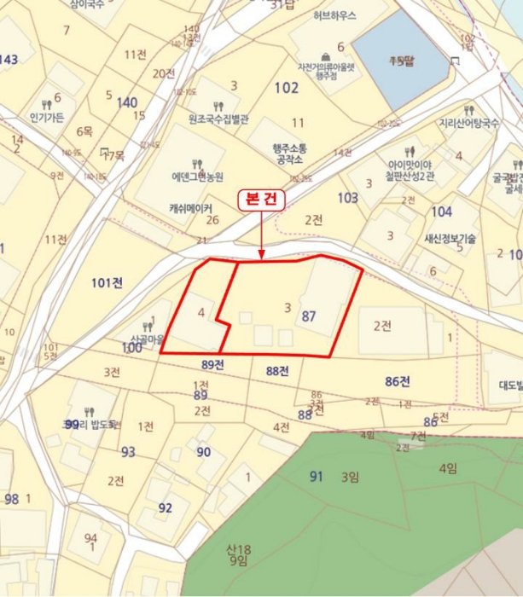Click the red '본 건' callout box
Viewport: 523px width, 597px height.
click(261, 198)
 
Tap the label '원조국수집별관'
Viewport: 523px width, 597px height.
click(218, 120)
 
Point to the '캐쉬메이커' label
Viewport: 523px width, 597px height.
click(191, 207)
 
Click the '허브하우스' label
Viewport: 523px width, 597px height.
click(334, 15)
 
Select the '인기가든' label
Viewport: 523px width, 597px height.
click(47, 117)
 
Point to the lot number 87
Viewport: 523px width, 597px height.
click(309, 316)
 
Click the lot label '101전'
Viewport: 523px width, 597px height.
click(106, 283)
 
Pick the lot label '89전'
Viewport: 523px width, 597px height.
click(212, 365)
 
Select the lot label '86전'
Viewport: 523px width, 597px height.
click(398, 380)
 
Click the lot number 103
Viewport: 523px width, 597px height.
click(347, 198)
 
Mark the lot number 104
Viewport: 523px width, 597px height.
click(441, 212)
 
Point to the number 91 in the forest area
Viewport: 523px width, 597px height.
click(317, 476)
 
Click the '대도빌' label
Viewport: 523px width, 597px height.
click(510, 385)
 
